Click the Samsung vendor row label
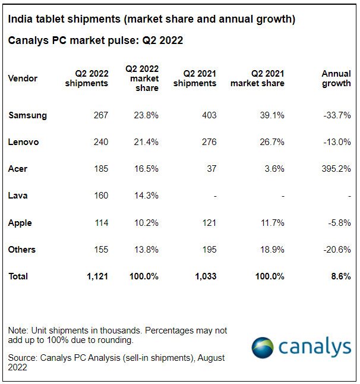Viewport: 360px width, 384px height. (27, 115)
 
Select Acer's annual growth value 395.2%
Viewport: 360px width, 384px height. (336, 169)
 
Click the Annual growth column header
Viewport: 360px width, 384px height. (336, 78)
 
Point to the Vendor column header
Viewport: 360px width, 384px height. (23, 78)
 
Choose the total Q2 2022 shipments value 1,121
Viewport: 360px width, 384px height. (97, 276)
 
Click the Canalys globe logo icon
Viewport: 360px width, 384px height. (262, 347)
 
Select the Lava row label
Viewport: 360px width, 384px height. (18, 196)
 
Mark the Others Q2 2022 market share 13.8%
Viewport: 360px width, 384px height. (146, 250)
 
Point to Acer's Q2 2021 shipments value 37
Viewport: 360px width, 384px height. (211, 169)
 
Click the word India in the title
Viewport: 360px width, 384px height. (19, 20)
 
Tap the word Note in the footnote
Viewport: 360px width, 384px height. (18, 330)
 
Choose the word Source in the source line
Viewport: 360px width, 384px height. (23, 358)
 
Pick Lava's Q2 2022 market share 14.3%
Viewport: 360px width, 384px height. (146, 196)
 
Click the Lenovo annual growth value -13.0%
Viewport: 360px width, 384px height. (337, 142)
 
